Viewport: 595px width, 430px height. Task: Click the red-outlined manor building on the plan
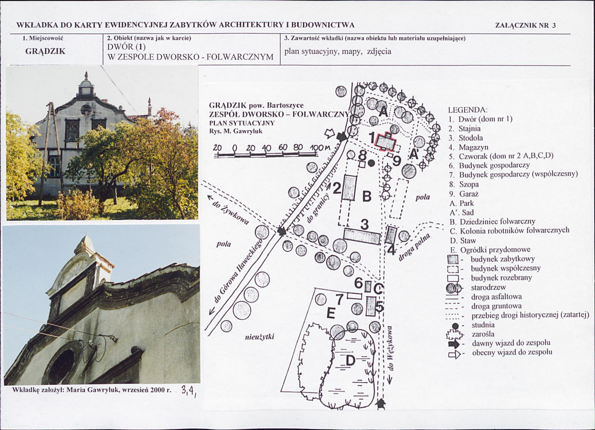pos(386,143)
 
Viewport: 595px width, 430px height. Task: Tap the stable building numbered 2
pos(349,188)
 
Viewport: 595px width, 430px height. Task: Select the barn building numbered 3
pos(362,236)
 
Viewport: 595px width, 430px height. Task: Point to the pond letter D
pos(350,360)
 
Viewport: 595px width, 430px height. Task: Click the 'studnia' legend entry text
pos(483,325)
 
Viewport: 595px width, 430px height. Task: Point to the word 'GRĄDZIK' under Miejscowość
pos(45,51)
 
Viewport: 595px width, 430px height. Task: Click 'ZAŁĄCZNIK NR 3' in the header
pos(526,25)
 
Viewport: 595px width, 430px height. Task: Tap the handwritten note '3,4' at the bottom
pos(189,390)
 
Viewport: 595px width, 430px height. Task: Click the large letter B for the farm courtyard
pos(367,197)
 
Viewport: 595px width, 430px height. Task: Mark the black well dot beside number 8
pos(372,163)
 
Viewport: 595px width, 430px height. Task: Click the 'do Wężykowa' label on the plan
pos(391,349)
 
